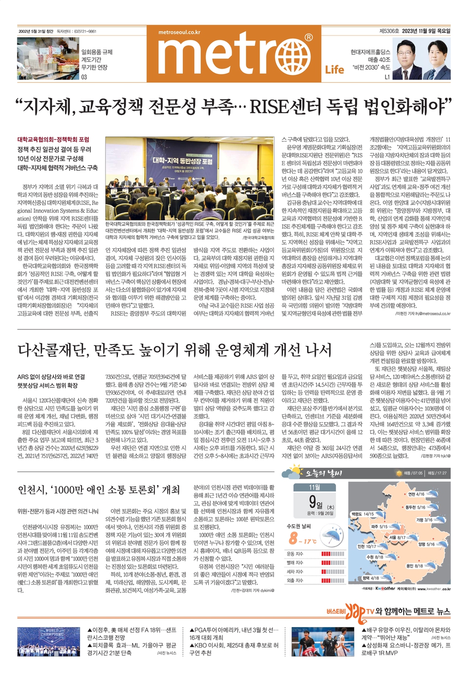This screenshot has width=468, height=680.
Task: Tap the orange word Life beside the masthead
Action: point(334,70)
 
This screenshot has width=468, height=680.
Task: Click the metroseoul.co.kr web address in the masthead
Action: point(179,32)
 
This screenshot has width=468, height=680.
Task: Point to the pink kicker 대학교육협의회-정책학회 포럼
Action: point(53,139)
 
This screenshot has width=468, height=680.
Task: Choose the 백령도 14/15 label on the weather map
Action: point(362,514)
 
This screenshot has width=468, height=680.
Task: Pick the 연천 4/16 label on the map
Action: point(416,494)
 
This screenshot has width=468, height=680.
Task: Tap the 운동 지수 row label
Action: point(295,554)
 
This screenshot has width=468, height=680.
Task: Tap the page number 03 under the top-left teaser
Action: point(84,77)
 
